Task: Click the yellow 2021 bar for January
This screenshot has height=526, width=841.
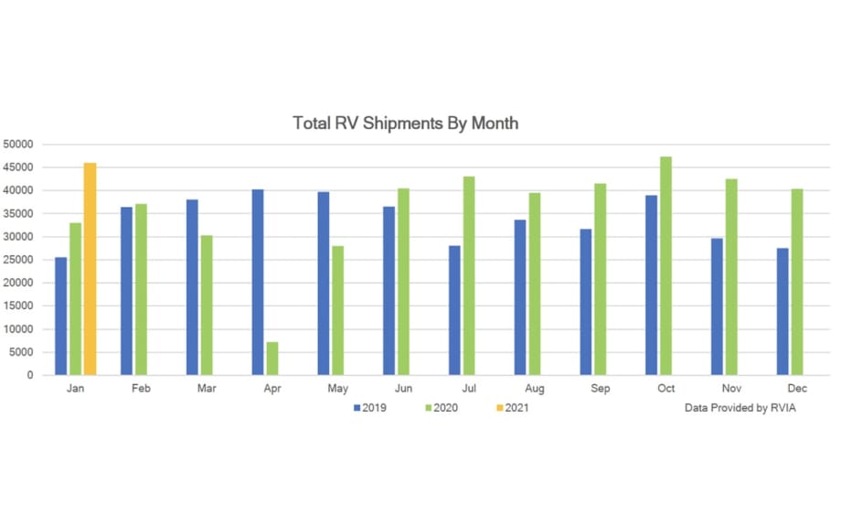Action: pyautogui.click(x=90, y=269)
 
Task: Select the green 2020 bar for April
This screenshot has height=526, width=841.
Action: pyautogui.click(x=272, y=359)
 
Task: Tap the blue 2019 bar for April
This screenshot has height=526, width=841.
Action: pyautogui.click(x=258, y=282)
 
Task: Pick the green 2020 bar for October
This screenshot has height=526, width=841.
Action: pyautogui.click(x=665, y=265)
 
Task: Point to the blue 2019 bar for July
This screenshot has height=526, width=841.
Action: pyautogui.click(x=454, y=310)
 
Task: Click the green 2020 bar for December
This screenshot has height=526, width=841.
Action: pyautogui.click(x=797, y=282)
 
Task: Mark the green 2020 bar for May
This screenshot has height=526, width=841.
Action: pyautogui.click(x=338, y=310)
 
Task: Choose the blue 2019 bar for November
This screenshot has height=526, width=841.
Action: pyautogui.click(x=717, y=306)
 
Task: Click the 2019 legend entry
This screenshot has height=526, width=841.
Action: pyautogui.click(x=370, y=408)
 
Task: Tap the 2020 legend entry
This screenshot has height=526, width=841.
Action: pyautogui.click(x=442, y=408)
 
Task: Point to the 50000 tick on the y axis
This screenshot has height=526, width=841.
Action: pyautogui.click(x=18, y=145)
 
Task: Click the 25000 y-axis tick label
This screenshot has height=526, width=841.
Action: pyautogui.click(x=18, y=260)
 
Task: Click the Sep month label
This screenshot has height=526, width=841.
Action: pyautogui.click(x=601, y=389)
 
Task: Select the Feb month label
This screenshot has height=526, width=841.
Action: pyautogui.click(x=141, y=389)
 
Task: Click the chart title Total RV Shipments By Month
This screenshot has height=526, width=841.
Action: pyautogui.click(x=405, y=123)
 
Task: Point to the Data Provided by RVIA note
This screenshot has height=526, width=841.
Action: pyautogui.click(x=740, y=408)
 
